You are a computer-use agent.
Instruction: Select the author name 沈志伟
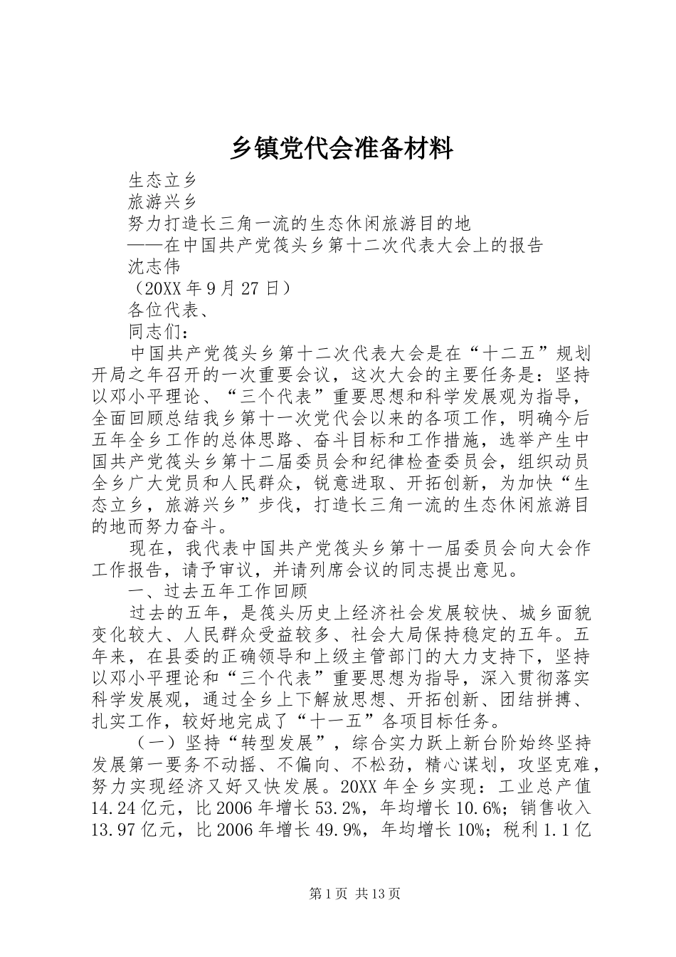pos(155,267)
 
